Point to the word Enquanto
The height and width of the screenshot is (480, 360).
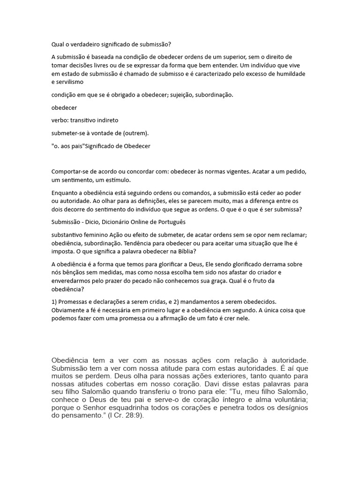click(x=66, y=193)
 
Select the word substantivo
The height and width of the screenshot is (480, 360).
click(x=68, y=234)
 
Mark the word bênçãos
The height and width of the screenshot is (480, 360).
click(x=78, y=272)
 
